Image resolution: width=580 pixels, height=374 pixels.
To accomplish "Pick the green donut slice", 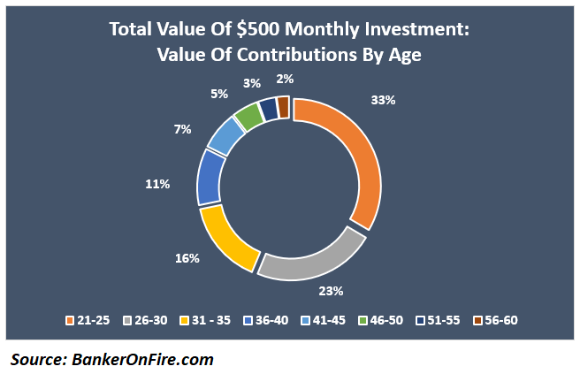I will tap(248, 117).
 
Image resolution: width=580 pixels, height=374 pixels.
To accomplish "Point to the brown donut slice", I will tap(283, 106).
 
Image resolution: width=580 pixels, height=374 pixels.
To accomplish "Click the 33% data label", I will tap(384, 101).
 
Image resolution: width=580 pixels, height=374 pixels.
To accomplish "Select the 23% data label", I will tap(332, 290).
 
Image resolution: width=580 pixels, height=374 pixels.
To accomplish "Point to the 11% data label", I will tap(158, 184).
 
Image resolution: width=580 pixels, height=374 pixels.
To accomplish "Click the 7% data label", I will tap(182, 129).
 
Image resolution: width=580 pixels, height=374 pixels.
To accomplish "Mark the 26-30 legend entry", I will tap(147, 319).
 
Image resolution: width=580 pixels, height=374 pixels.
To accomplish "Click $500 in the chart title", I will tap(251, 29).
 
